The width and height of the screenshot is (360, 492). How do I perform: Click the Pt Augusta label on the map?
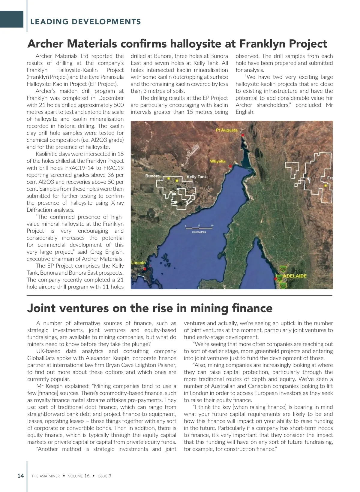coord(226,130)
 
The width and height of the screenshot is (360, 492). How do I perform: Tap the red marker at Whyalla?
coord(230,166)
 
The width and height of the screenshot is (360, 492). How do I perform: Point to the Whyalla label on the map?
coord(217,161)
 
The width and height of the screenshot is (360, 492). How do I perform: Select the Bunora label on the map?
coord(152,176)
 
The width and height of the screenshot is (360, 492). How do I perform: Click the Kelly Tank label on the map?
coord(196,177)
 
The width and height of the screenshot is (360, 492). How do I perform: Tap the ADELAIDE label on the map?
coord(295,276)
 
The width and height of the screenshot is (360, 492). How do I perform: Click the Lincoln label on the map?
coord(138,263)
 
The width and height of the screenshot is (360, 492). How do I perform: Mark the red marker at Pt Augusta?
coord(243,135)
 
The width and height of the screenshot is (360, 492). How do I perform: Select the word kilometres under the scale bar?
coord(199,232)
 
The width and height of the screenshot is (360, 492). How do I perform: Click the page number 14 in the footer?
coord(20,476)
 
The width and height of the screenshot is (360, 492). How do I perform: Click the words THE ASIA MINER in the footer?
coord(46,476)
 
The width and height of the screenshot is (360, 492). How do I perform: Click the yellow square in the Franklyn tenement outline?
coord(325,186)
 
